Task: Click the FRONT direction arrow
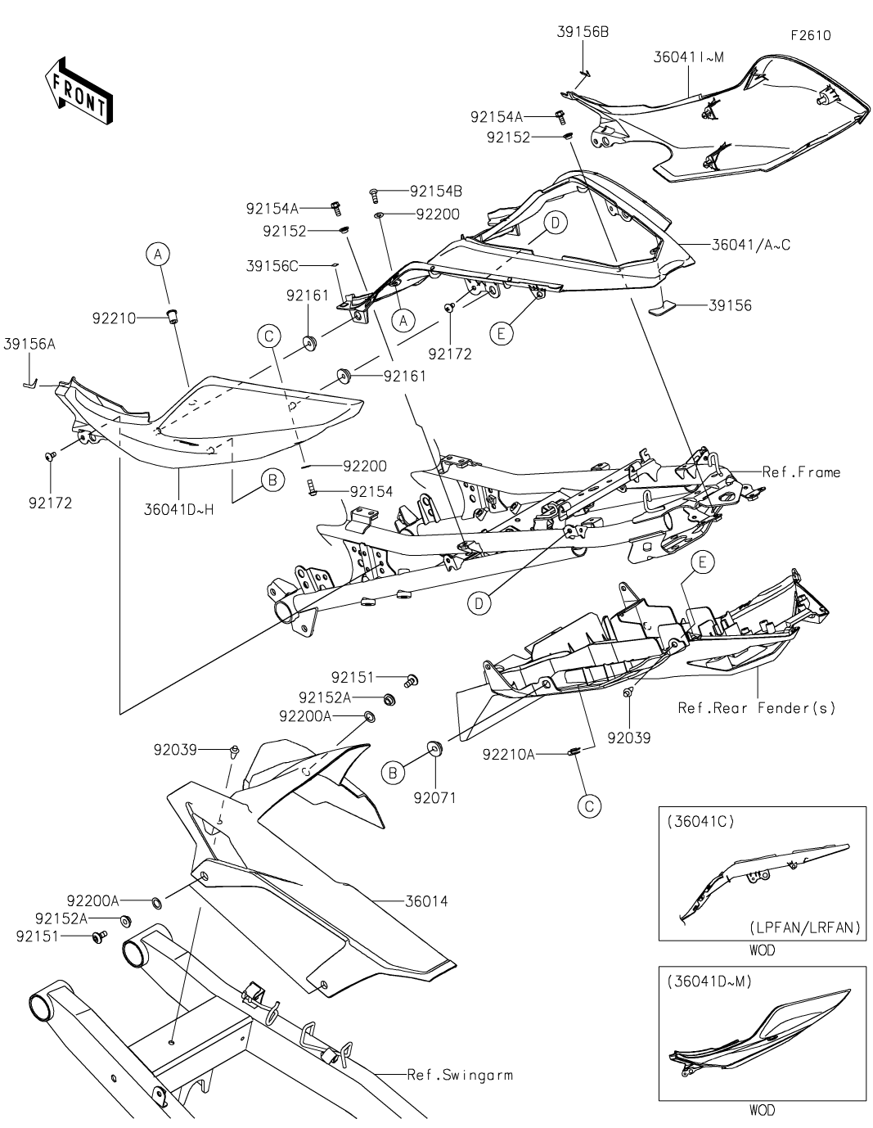[x=78, y=92]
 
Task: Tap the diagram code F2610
[x=810, y=36]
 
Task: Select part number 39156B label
[x=582, y=32]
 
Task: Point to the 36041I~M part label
[x=689, y=56]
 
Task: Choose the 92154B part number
[x=435, y=191]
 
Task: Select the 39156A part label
[x=29, y=345]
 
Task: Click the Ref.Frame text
[x=801, y=472]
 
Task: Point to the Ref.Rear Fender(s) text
[x=757, y=707]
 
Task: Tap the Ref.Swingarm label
[x=460, y=1074]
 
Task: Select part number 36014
[x=426, y=901]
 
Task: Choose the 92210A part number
[x=508, y=754]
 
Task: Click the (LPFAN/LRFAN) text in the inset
[x=804, y=927]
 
